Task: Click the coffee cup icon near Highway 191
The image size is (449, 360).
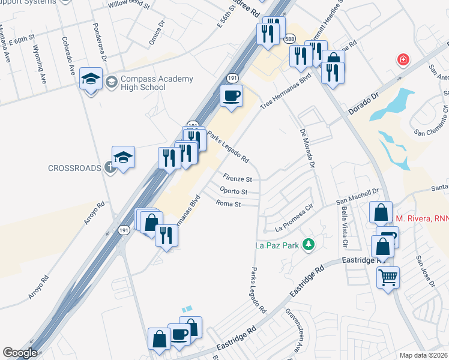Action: pos(231,95)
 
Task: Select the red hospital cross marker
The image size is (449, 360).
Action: pos(402,60)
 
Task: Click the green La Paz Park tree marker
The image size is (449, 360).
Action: pos(309,244)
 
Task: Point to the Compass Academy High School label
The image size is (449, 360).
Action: pos(149,83)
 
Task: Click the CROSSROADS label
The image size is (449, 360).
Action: pos(74,168)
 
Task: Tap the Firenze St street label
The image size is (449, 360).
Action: pos(237,178)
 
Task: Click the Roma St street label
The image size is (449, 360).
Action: pos(229,204)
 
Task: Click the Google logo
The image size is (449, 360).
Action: pos(20,353)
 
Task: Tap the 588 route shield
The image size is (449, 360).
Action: pos(289,38)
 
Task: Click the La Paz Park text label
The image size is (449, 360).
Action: pos(277,244)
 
